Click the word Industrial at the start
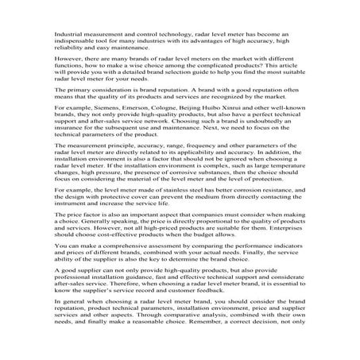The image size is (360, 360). click(69, 36)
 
